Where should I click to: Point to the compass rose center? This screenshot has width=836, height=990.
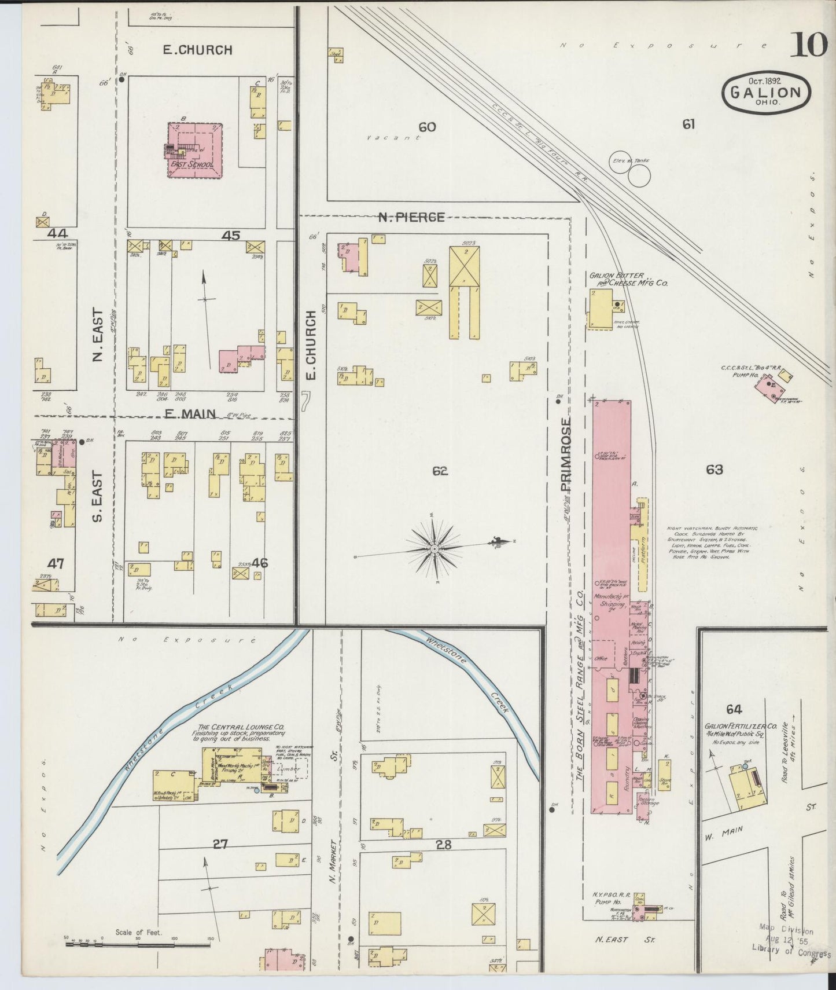(x=434, y=547)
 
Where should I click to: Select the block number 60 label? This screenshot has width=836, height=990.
(x=427, y=127)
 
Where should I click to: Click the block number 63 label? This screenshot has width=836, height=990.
(x=714, y=470)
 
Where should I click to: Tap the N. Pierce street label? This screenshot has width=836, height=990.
(x=411, y=217)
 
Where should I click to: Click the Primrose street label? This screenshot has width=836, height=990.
(x=566, y=456)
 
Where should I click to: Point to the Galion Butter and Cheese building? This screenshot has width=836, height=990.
(x=601, y=307)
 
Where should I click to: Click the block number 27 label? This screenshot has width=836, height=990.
(x=220, y=845)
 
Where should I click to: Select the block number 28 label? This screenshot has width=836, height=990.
(x=443, y=845)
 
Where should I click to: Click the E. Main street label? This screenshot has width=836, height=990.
(x=190, y=413)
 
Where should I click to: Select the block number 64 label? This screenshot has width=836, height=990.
(x=734, y=709)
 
